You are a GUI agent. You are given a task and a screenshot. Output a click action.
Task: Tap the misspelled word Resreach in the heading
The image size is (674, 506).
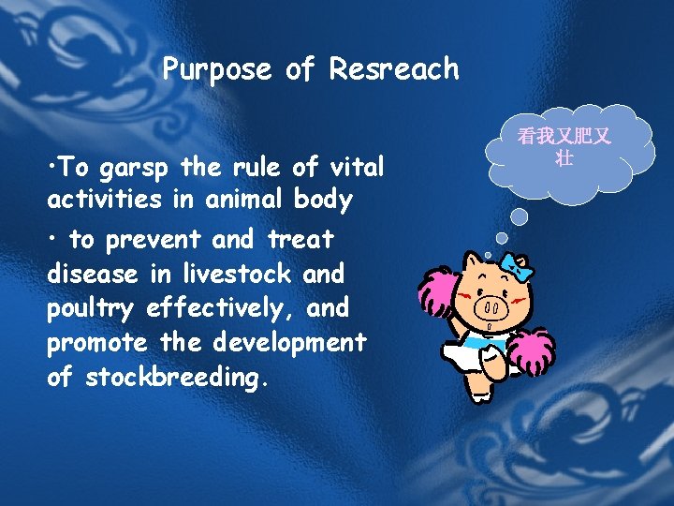tap(394, 69)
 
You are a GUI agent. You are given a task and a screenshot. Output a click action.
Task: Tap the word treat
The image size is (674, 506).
tap(300, 240)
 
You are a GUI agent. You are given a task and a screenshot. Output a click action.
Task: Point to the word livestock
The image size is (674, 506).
tap(224, 274)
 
